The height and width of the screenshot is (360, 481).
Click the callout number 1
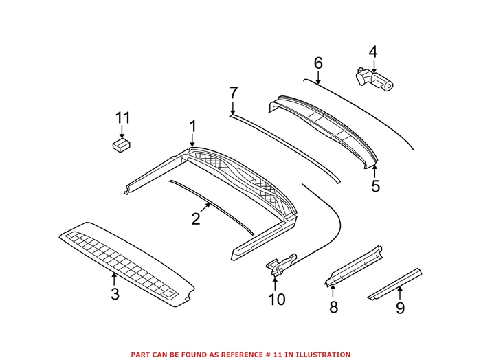click(192, 126)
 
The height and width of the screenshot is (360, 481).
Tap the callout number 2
click(196, 219)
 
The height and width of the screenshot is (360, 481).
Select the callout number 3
click(115, 295)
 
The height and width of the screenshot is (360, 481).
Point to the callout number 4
click(373, 52)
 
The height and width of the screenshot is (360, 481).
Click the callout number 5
click(375, 186)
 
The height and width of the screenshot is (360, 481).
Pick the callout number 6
click(318, 63)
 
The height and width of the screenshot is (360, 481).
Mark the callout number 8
click(333, 307)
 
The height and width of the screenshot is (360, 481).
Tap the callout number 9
click(400, 308)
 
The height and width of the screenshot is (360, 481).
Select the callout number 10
click(276, 299)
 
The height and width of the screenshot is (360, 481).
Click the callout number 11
click(122, 118)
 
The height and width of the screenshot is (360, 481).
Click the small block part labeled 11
click(122, 145)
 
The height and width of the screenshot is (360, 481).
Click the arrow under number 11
click(122, 133)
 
